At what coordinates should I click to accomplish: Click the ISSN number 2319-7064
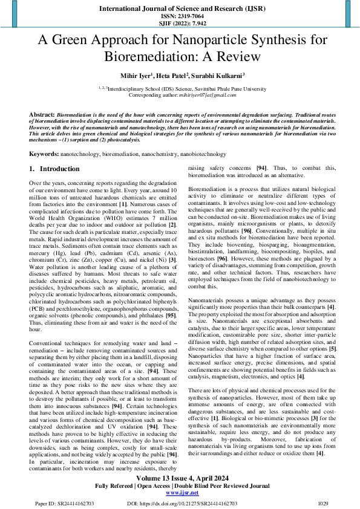(180, 15)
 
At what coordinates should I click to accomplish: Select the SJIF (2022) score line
(180, 23)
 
